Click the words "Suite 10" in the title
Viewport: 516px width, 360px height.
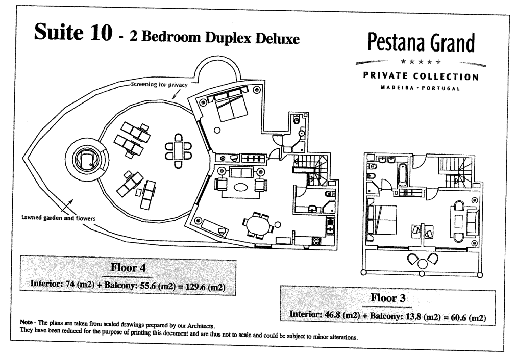pyautogui.click(x=73, y=33)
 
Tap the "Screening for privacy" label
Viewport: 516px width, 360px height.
pyautogui.click(x=159, y=84)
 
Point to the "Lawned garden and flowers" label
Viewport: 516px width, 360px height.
pyautogui.click(x=58, y=218)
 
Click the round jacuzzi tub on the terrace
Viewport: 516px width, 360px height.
pyautogui.click(x=87, y=160)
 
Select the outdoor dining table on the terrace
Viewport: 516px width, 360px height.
pyautogui.click(x=178, y=151)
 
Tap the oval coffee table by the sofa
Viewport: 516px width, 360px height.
pyautogui.click(x=241, y=187)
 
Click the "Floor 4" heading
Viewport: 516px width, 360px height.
pyautogui.click(x=128, y=267)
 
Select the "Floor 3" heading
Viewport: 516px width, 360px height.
pyautogui.click(x=388, y=298)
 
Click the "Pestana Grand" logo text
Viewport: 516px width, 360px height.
pyautogui.click(x=421, y=43)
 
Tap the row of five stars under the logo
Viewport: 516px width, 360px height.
pyautogui.click(x=421, y=62)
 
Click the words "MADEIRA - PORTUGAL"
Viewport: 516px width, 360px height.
pyautogui.click(x=420, y=88)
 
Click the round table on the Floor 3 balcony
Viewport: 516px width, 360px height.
pyautogui.click(x=423, y=263)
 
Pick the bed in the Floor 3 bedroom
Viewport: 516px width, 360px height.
pyautogui.click(x=382, y=220)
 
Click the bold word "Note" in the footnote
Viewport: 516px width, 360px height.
pyautogui.click(x=26, y=322)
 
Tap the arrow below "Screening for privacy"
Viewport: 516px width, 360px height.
pyautogui.click(x=177, y=94)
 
